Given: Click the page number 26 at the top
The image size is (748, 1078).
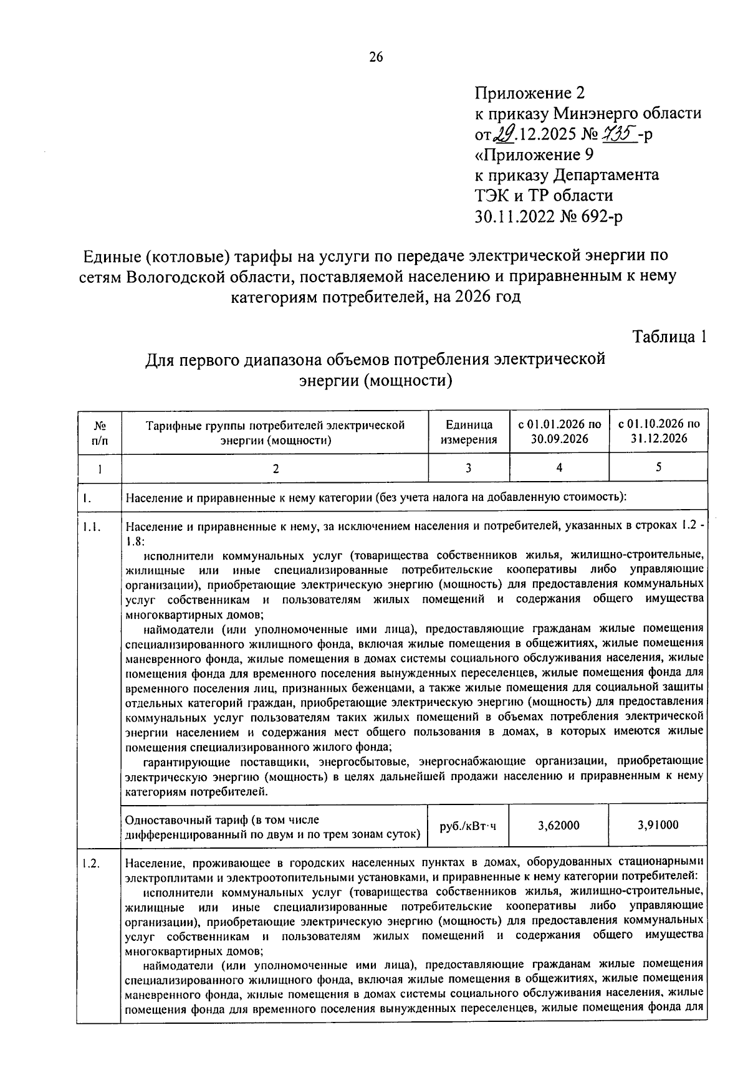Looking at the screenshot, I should click(x=376, y=57).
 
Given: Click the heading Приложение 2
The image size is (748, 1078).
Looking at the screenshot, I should click(x=530, y=93).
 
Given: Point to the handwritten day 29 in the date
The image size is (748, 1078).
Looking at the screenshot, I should click(x=506, y=133).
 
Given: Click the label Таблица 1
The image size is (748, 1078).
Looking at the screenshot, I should click(x=670, y=336).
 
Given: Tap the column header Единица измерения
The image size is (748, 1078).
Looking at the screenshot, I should click(x=469, y=432).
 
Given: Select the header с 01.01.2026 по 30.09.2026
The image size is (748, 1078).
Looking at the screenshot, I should click(x=559, y=431).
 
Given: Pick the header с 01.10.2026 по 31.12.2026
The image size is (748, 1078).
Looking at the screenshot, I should click(x=659, y=431).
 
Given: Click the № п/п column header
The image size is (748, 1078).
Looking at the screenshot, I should click(x=99, y=432).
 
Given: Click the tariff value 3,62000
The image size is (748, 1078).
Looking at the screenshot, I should click(x=559, y=825).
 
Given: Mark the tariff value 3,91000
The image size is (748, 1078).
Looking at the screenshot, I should click(x=658, y=825).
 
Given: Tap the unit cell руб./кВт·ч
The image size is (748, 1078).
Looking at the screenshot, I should click(x=468, y=826).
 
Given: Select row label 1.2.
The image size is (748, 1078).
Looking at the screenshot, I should click(x=90, y=863).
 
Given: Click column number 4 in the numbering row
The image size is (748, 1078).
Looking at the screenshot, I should click(x=559, y=467).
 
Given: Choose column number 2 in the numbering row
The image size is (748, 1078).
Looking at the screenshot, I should click(x=275, y=469).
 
